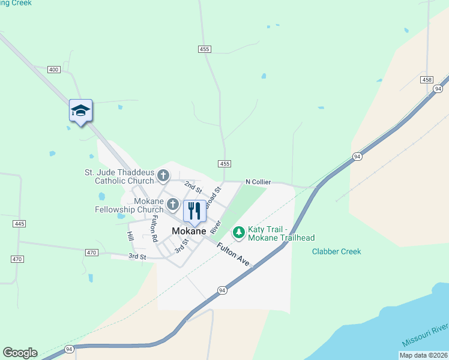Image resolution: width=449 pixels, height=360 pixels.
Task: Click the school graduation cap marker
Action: point(80,111)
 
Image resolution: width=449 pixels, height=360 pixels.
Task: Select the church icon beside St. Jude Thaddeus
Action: point(163,176)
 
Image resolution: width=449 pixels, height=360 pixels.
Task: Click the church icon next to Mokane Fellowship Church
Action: point(172,205)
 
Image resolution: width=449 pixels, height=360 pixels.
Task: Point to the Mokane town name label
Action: point(189,231)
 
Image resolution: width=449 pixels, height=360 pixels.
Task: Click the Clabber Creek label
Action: point(336,251)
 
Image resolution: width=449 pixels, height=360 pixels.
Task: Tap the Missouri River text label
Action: point(425,335)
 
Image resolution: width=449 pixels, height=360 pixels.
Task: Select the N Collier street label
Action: point(258,182)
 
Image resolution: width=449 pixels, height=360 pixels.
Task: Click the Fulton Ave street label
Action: point(233,255)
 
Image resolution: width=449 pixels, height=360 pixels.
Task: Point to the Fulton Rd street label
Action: point(154,228)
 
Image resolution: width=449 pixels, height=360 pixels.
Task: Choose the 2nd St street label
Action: point(193,187)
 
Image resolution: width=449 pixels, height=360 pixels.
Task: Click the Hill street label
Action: point(130,236)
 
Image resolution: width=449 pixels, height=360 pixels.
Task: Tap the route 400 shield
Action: point(54,70)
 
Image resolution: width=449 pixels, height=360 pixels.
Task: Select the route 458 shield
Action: point(427,80)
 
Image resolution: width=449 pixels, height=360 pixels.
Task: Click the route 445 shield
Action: point(19,224)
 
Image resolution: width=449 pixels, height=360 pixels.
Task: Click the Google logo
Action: point(20,353)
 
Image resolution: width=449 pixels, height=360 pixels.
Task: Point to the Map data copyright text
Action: point(423,355)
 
